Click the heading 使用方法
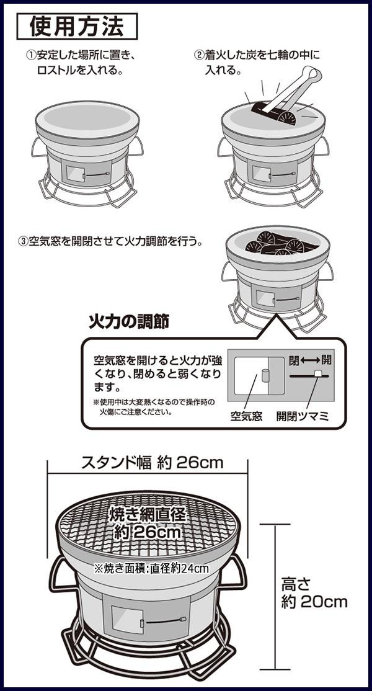point(77,27)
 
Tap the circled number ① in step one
point(31,56)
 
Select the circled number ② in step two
point(200,56)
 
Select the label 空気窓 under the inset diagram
point(246,416)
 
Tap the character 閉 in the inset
point(294,360)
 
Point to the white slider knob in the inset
point(317,373)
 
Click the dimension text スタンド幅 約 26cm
point(153,463)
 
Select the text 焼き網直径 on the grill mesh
point(148,515)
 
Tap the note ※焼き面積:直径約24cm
point(151,568)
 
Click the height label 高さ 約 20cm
point(314,594)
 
